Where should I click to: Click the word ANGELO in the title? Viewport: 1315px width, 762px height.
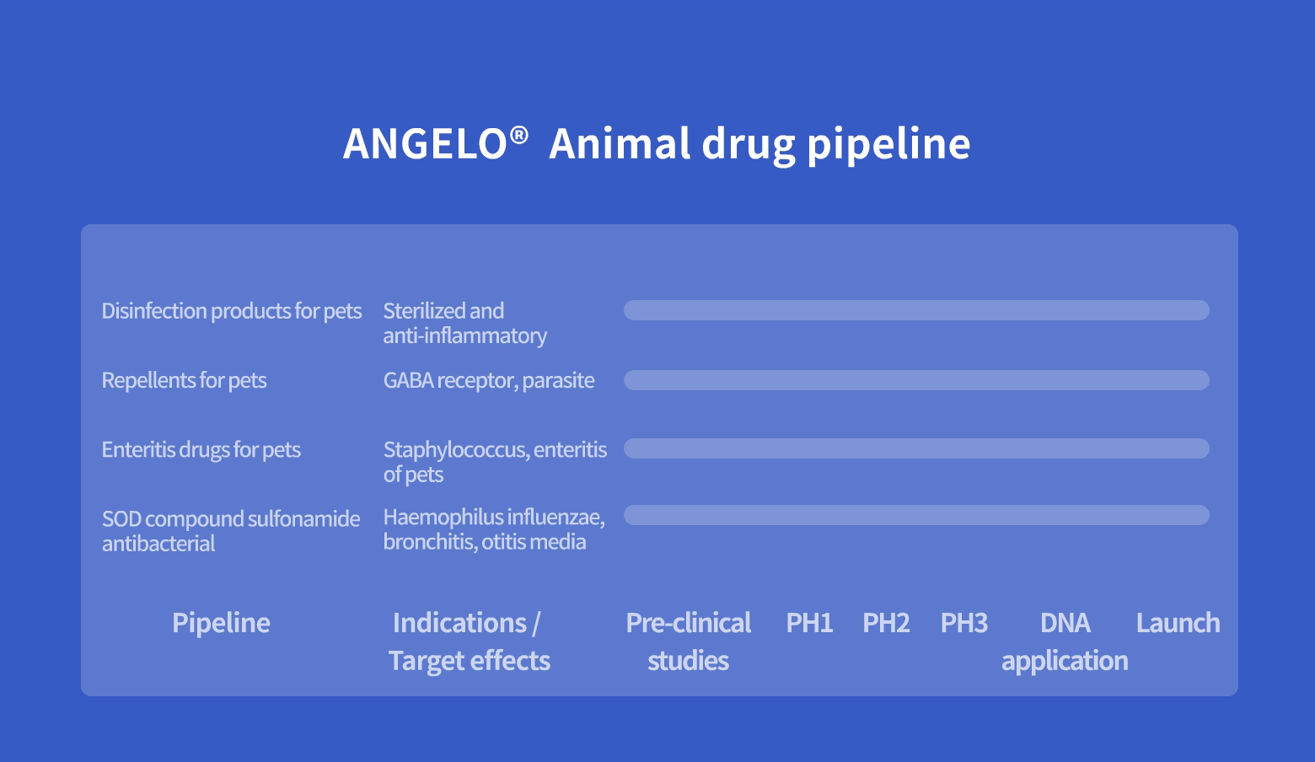(425, 143)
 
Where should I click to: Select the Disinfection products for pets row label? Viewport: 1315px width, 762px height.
(231, 311)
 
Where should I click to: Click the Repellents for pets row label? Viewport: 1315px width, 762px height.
(184, 380)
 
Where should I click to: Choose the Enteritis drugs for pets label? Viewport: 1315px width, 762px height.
(201, 449)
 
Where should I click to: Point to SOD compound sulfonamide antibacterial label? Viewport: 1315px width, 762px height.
(231, 531)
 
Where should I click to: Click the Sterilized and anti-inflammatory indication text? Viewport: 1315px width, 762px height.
(464, 324)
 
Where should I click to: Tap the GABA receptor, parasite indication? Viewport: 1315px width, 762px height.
(488, 380)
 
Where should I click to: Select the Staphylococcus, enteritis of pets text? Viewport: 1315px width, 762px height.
(495, 462)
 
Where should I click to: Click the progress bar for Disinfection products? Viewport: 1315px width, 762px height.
(916, 310)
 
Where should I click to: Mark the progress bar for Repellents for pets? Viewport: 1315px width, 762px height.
(916, 380)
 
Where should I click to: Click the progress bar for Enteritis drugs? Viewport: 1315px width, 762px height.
(916, 448)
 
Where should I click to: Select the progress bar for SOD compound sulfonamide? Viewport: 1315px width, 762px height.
(916, 515)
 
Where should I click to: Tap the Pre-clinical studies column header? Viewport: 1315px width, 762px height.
(688, 641)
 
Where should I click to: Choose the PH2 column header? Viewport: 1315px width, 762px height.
(886, 623)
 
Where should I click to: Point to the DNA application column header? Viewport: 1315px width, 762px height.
(1065, 642)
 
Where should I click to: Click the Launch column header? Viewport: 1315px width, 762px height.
(1178, 623)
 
